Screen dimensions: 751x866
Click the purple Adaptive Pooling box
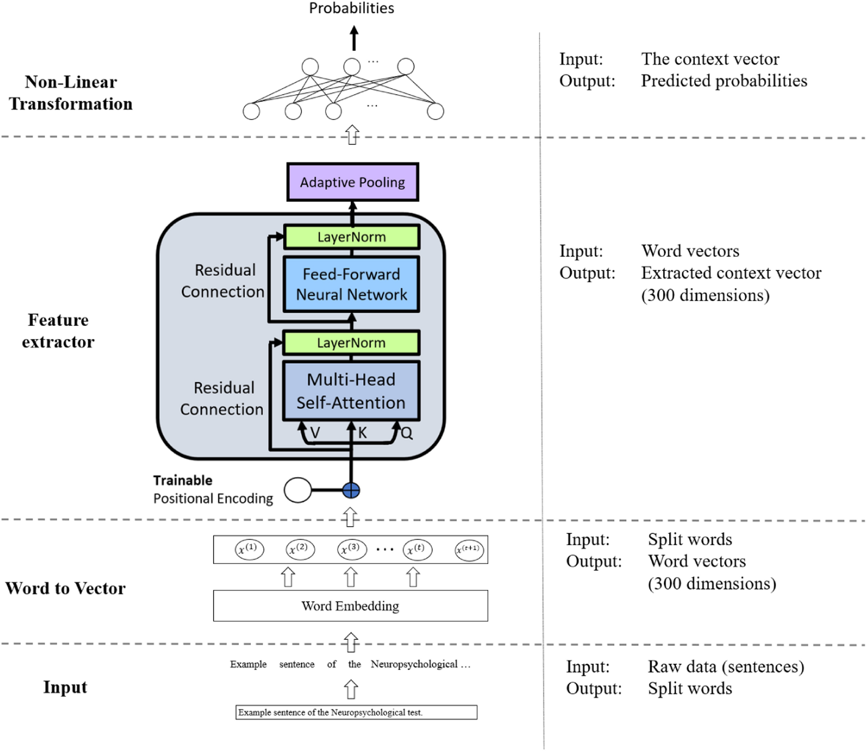pyautogui.click(x=352, y=182)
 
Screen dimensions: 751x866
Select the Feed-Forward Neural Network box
pyautogui.click(x=351, y=284)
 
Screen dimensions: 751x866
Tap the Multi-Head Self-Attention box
pyautogui.click(x=351, y=391)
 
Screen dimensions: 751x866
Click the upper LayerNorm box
pyautogui.click(x=352, y=237)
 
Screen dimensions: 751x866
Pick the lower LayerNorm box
pyautogui.click(x=351, y=343)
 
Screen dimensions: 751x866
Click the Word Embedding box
pyautogui.click(x=350, y=606)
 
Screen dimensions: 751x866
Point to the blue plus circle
pyautogui.click(x=351, y=491)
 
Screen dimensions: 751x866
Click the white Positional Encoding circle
pyautogui.click(x=298, y=490)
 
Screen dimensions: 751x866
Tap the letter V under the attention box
pyautogui.click(x=315, y=433)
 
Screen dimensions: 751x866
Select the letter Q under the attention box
pyautogui.click(x=407, y=434)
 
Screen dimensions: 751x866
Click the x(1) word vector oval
pyautogui.click(x=249, y=549)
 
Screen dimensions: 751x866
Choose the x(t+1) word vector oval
pyautogui.click(x=469, y=550)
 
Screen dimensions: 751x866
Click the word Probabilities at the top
pyautogui.click(x=352, y=8)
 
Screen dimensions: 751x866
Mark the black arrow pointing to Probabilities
pyautogui.click(x=354, y=38)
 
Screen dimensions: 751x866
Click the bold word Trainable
pyautogui.click(x=183, y=480)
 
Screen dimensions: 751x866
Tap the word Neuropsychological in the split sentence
pyautogui.click(x=414, y=664)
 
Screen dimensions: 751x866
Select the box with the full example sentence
pyautogui.click(x=356, y=712)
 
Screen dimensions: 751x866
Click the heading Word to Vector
pyautogui.click(x=65, y=588)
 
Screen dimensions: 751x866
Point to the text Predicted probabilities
pyautogui.click(x=724, y=81)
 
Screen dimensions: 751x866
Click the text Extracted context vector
pyautogui.click(x=731, y=273)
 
